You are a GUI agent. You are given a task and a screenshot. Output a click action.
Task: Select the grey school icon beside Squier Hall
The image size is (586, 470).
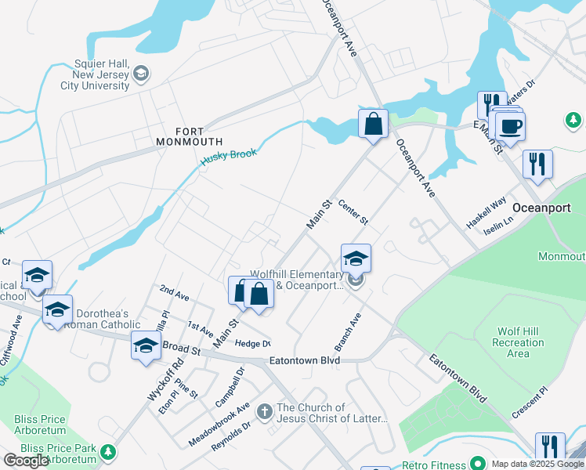[141, 74]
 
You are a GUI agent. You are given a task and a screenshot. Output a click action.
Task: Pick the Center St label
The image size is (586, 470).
[353, 212]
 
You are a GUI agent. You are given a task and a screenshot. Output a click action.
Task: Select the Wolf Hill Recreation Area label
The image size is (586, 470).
[518, 342]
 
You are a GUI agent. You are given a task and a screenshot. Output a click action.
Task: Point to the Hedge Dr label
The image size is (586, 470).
[252, 343]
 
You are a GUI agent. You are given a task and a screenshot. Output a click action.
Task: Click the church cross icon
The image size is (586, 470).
[265, 410]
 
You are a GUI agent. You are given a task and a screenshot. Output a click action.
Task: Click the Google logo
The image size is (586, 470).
[27, 461]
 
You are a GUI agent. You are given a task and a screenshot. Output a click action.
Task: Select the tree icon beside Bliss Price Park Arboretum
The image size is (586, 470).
[107, 452]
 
